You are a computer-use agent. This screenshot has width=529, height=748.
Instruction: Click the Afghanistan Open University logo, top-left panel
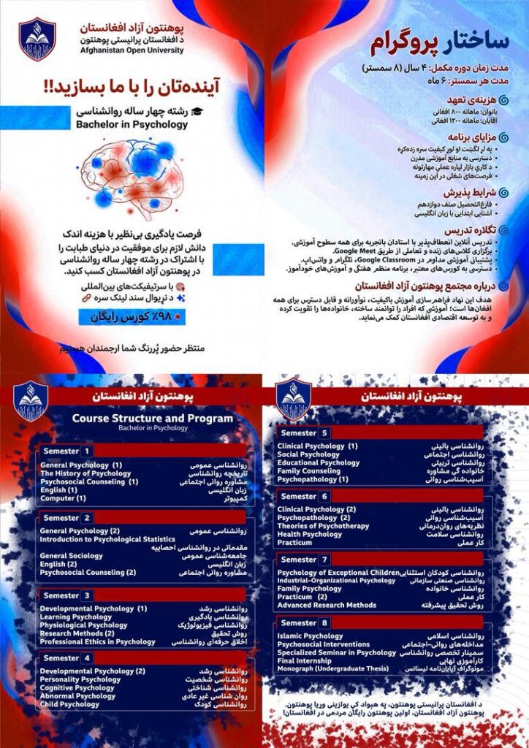coord(37,39)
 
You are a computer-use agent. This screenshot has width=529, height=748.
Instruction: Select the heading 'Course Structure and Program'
coord(152,419)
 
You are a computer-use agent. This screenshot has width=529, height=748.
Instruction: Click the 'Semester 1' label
coord(67,451)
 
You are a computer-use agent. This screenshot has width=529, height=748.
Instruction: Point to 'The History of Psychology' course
coord(85,473)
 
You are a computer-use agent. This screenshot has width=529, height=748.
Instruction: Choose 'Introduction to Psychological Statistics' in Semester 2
coord(117,539)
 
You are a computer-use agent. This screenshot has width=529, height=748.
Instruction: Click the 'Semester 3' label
coord(67,595)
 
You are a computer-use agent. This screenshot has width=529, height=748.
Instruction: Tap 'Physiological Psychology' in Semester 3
coord(83,625)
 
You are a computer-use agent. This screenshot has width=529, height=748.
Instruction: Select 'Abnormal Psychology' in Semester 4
coord(77,696)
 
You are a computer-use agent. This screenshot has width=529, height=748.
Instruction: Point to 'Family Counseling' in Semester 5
coord(309,471)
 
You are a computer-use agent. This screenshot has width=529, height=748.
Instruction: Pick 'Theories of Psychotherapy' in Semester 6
coord(324,526)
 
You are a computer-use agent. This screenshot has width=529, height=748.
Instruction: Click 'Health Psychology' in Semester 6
coord(310,534)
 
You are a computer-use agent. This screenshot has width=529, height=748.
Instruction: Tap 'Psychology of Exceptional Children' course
coord(338,572)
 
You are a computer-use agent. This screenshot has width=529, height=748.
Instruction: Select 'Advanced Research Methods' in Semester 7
coord(326,606)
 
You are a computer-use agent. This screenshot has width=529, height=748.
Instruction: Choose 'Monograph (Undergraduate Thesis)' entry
coord(332,670)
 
